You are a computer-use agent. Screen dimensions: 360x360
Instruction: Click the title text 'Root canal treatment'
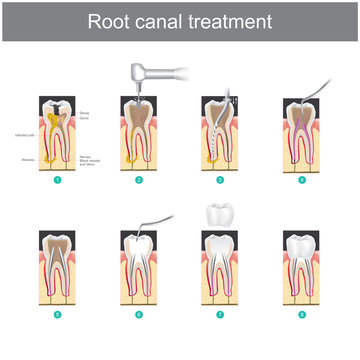[180, 20]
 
